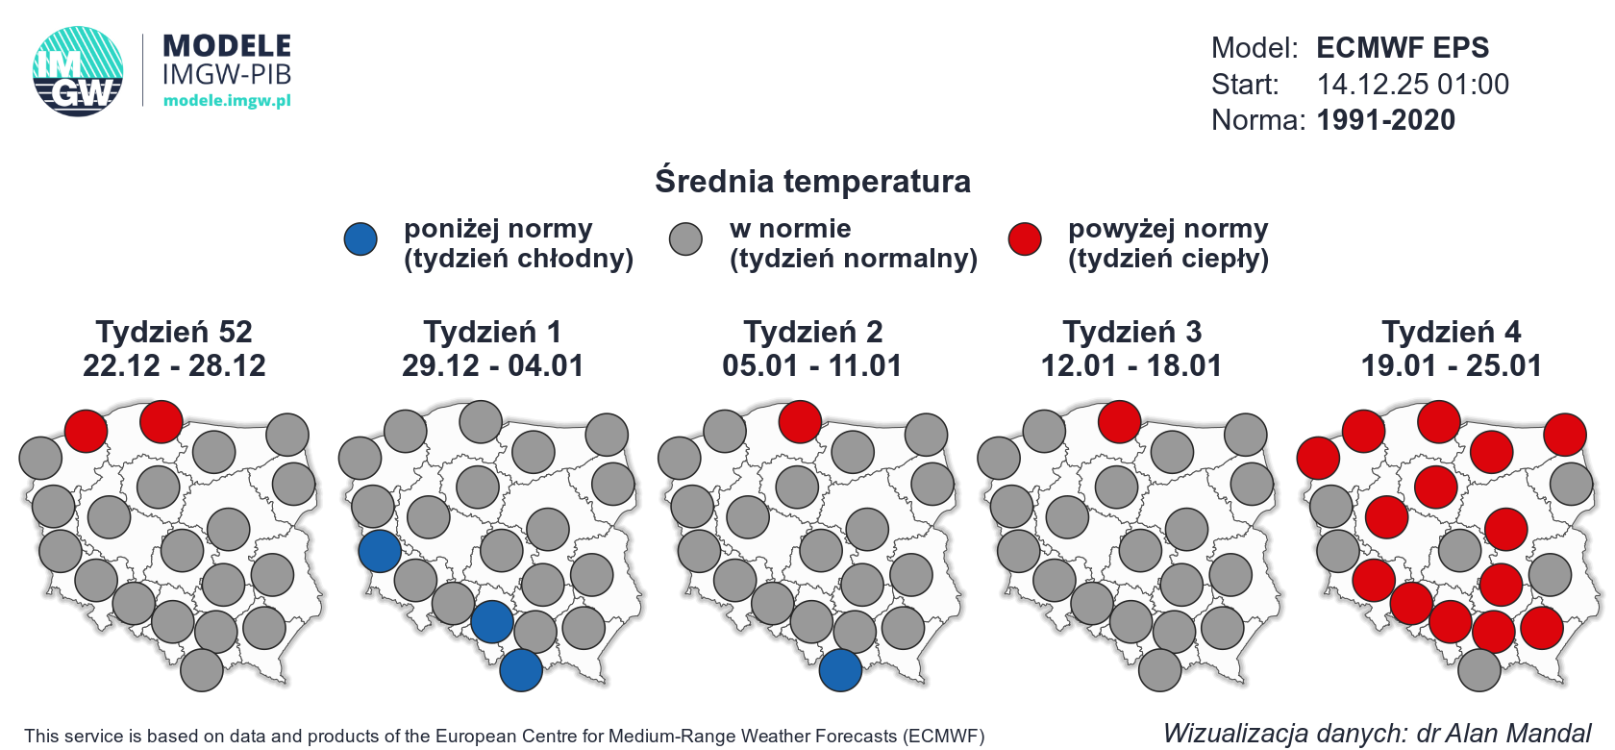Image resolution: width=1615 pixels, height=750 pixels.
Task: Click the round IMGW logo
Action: (78, 72)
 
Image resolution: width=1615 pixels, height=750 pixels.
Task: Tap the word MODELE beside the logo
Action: (227, 46)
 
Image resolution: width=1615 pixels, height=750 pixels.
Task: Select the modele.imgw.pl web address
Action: (227, 100)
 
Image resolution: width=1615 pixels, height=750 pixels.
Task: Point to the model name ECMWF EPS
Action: (1402, 48)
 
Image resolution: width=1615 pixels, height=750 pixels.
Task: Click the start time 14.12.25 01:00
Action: (1412, 85)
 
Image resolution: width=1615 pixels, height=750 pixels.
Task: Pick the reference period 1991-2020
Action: (1385, 120)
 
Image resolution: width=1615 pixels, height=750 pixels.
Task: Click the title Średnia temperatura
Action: (812, 181)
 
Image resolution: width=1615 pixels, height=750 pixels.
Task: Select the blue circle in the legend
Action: (360, 239)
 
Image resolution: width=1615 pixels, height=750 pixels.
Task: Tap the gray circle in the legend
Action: (685, 239)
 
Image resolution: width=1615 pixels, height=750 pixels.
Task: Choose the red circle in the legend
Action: (1025, 239)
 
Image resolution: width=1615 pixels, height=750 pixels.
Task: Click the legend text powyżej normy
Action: (1168, 229)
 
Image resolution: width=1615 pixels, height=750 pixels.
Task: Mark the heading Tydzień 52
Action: (174, 332)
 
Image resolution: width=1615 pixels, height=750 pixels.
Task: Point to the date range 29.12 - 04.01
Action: (492, 365)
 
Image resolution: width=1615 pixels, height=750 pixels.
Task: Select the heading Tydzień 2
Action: (812, 332)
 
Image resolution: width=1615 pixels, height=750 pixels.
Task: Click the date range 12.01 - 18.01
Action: (1131, 365)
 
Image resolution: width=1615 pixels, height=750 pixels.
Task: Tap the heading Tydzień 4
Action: (1452, 332)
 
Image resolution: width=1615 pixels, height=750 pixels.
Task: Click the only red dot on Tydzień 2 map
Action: (800, 421)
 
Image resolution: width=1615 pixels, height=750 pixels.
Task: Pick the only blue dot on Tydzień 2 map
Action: (840, 670)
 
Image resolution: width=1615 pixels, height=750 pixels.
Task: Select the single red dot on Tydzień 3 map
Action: (1119, 421)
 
